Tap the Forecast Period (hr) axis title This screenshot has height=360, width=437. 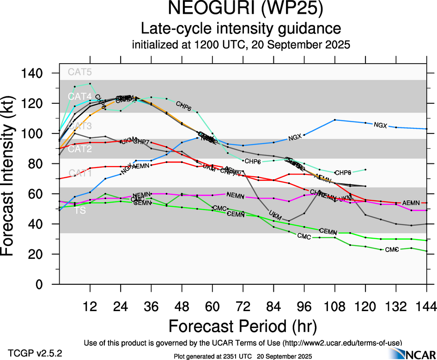tap(243, 326)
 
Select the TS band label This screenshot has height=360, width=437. tap(73, 210)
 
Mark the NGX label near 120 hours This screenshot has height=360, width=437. tap(380, 125)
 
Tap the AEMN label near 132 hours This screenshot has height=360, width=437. tap(411, 203)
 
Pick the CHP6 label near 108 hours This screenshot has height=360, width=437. tap(343, 173)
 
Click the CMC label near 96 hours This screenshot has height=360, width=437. tap(303, 237)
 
